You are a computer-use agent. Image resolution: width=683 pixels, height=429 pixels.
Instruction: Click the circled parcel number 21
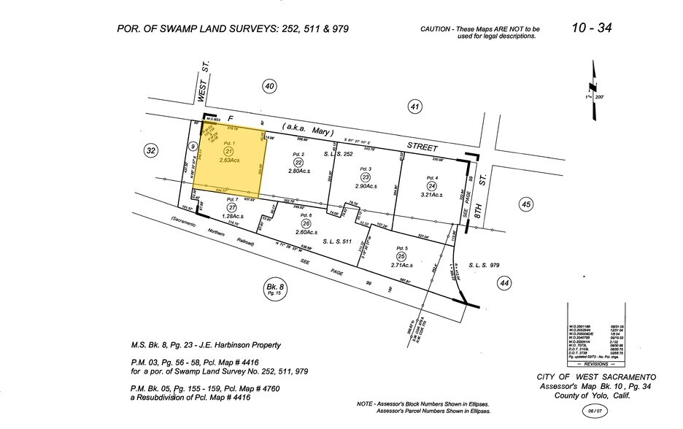pos(228,151)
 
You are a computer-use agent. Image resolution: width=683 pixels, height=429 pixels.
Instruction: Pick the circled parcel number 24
pos(432,185)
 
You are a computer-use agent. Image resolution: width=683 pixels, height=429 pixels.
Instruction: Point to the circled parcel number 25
pos(401,256)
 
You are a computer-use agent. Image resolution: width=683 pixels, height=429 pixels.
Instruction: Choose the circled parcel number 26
pos(305,223)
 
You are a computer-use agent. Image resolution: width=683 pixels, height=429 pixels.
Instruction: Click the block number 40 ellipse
pos(269,87)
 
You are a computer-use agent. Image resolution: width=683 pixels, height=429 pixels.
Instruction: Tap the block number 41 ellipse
pos(415,107)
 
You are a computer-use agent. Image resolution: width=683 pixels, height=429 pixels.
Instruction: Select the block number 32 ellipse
pos(151,151)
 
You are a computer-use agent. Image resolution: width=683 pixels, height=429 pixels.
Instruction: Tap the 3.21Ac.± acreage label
pos(432,195)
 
